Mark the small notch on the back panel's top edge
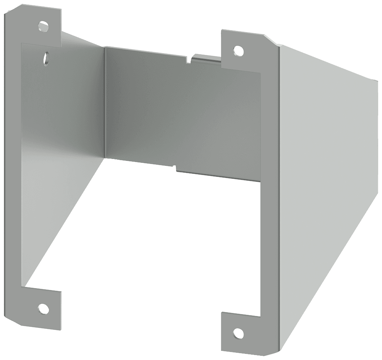coord(188,60)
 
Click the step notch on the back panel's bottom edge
coord(176,167)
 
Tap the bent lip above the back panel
coord(206,58)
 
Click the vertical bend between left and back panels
coord(104,103)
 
